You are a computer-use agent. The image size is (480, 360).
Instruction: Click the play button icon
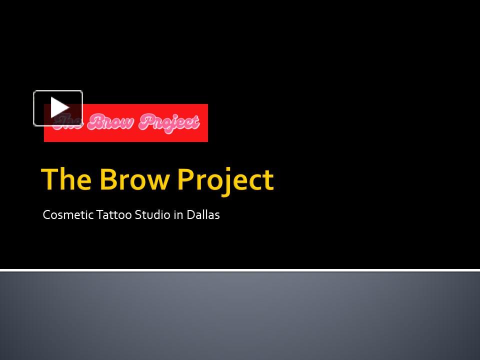58,108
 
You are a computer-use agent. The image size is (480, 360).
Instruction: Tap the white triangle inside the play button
59,108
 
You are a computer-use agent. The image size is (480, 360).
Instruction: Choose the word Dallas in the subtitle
203,215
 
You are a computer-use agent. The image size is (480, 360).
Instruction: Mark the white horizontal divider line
240,270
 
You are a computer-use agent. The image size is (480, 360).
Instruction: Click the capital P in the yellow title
187,179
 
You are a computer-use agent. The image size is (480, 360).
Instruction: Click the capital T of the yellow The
50,179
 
